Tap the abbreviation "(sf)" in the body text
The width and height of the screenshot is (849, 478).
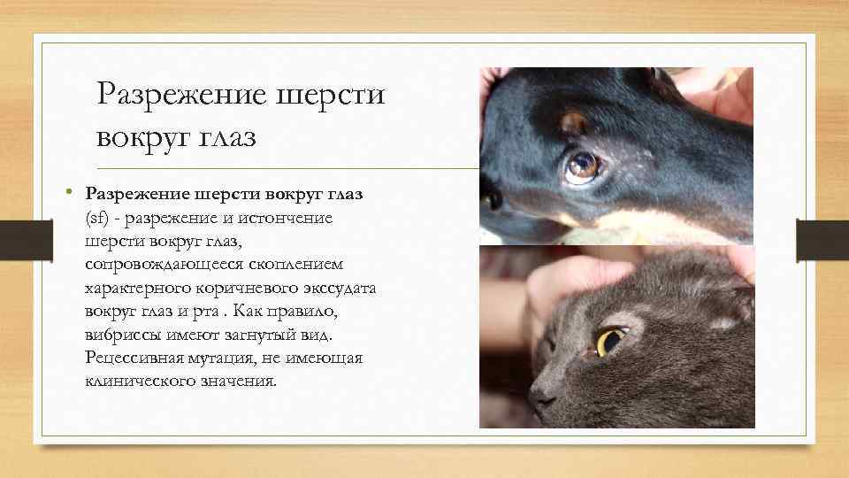point(96,217)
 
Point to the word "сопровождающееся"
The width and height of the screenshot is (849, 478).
point(157,265)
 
